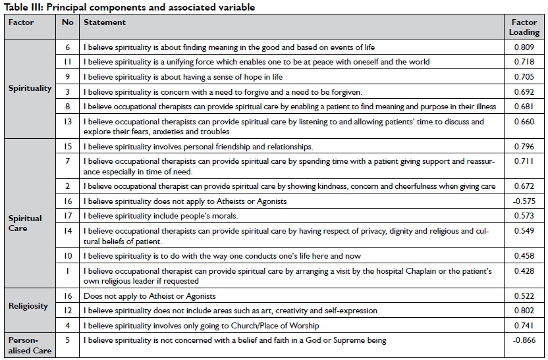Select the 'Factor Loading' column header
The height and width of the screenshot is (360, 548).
point(524,27)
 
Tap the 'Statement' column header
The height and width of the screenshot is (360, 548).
point(105,22)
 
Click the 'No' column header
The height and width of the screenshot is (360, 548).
point(67,22)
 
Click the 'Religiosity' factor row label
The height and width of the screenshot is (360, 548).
point(28,305)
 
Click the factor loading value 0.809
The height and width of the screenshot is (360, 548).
point(524,47)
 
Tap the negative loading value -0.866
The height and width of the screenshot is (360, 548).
point(523,341)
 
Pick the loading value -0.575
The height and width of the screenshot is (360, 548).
point(523,201)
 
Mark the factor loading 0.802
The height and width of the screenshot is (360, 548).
point(524,311)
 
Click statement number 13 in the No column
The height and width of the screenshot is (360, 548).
point(67,122)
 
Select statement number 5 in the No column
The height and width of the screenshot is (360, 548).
point(67,341)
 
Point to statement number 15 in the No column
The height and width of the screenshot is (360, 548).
point(67,146)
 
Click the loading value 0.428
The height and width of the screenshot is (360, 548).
point(524,272)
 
